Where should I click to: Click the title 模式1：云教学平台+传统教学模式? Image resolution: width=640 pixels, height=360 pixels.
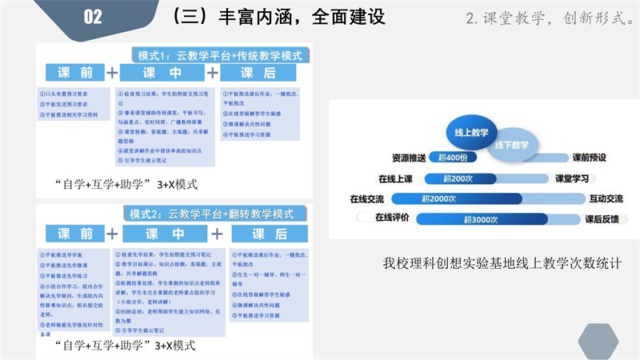coord(220,56)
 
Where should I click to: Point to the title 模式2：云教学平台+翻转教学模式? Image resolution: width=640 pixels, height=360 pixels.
coord(212,214)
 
